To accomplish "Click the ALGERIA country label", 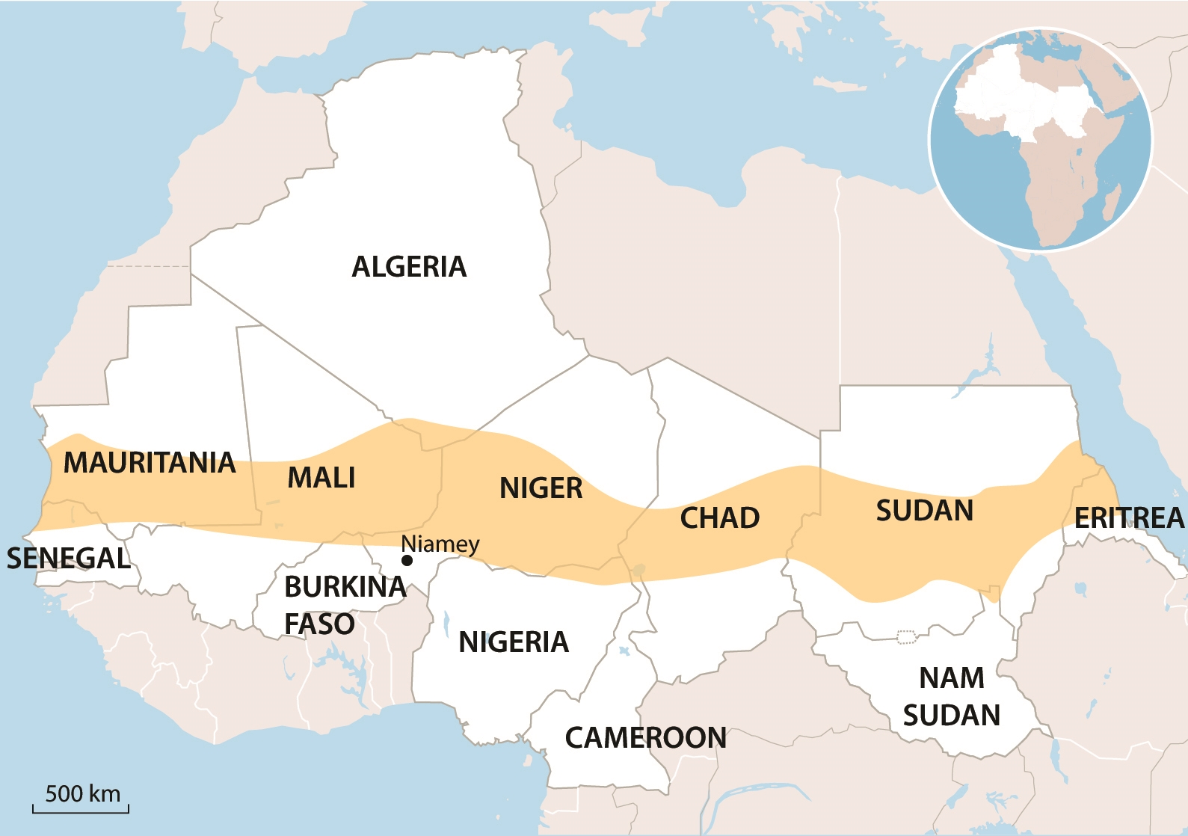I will (409, 267).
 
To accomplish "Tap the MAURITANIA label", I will (150, 463).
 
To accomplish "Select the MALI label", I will (321, 478).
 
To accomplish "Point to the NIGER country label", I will (541, 488).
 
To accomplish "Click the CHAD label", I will (719, 518).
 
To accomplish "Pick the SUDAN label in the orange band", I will (925, 511).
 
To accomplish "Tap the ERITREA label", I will (1129, 517).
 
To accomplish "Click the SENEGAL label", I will (69, 559).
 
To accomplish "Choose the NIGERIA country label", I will (514, 642).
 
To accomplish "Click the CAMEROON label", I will (645, 738).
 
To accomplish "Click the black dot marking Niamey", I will (407, 560).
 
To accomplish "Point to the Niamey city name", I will (440, 544).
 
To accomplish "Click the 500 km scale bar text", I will (82, 793).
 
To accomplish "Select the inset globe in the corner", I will (1040, 139).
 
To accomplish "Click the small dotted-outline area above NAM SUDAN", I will (906, 637).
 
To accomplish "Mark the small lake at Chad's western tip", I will (638, 571).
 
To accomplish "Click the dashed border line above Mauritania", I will (150, 266).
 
